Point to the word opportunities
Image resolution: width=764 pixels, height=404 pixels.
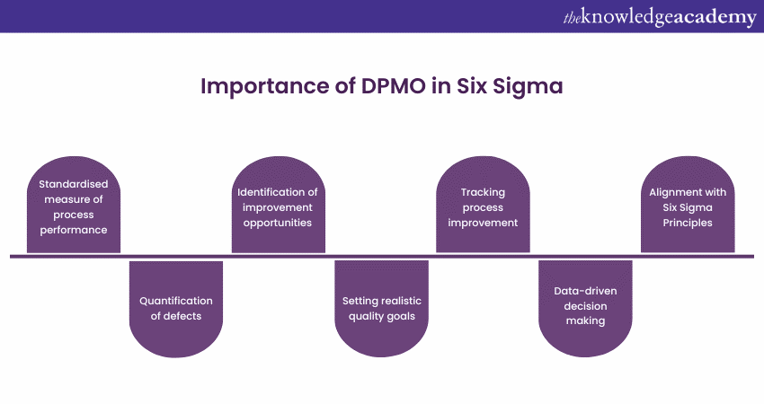tap(279, 222)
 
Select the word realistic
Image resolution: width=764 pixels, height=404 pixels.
tap(398, 301)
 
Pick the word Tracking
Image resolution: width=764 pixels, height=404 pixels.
tap(483, 191)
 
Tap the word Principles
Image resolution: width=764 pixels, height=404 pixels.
tap(688, 222)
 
